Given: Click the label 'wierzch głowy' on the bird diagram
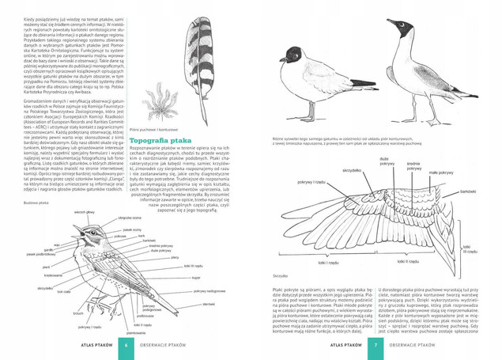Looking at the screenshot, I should (85, 212).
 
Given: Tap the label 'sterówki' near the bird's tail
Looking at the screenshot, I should (209, 304).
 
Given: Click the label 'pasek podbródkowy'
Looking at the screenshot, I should (41, 254).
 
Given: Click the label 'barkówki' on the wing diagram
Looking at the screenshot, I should (469, 192).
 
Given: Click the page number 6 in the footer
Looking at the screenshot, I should (125, 346).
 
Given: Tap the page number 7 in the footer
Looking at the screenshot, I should (376, 346).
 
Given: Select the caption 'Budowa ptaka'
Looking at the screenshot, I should (37, 203).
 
